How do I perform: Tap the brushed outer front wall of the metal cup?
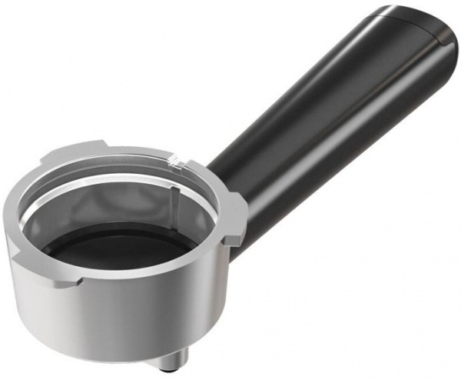[x=115, y=323]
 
